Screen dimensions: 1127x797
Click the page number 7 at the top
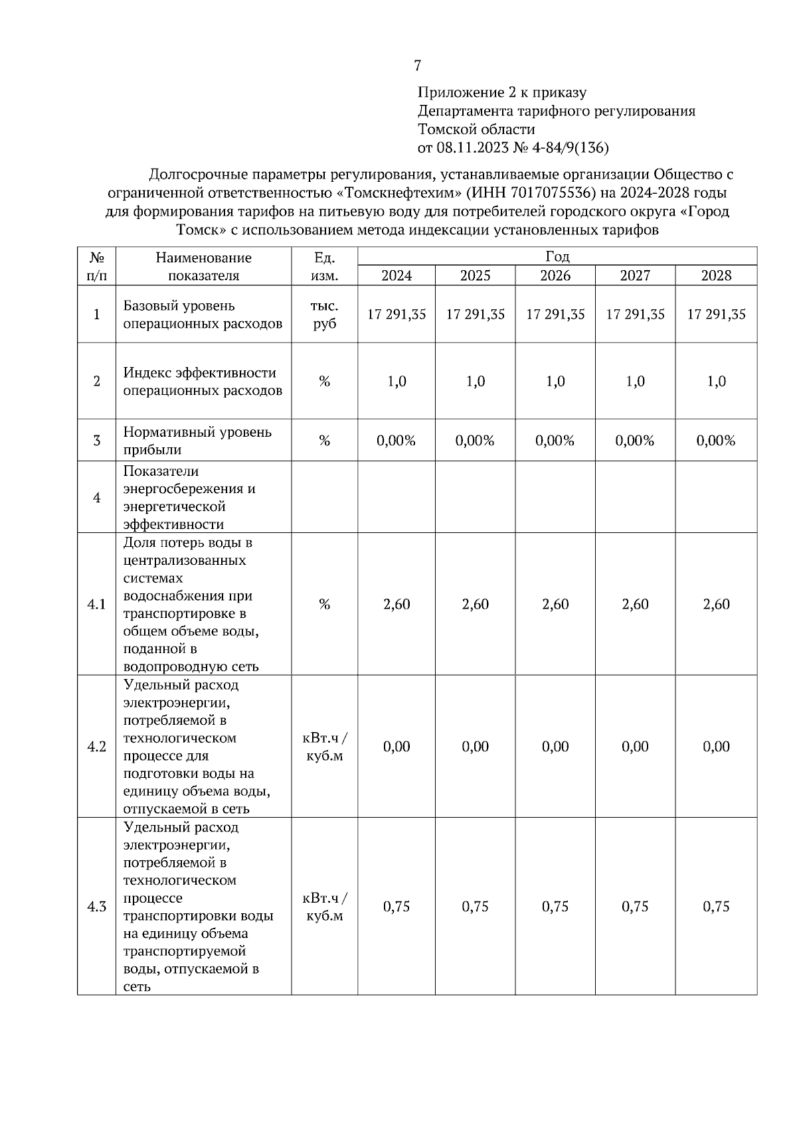tap(417, 66)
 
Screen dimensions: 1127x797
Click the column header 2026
tap(555, 275)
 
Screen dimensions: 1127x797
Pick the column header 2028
tap(716, 275)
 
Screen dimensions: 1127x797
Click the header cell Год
tap(557, 257)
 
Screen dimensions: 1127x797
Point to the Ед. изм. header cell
tap(324, 266)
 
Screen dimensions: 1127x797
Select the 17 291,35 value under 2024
tap(397, 315)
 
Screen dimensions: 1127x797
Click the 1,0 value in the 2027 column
tap(635, 382)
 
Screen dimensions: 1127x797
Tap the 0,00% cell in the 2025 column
tap(475, 441)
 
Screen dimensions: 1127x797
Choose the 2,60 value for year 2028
tap(716, 605)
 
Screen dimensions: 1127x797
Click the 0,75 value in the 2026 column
tap(555, 907)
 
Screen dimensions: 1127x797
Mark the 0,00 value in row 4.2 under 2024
tap(397, 747)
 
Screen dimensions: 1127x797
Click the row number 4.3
tap(97, 907)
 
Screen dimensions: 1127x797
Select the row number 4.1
tap(97, 605)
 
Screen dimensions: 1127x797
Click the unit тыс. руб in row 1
tap(324, 315)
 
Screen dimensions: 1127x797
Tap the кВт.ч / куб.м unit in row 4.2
tap(324, 747)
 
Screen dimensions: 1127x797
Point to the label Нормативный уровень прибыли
tap(197, 441)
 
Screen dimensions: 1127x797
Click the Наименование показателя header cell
tap(203, 266)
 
